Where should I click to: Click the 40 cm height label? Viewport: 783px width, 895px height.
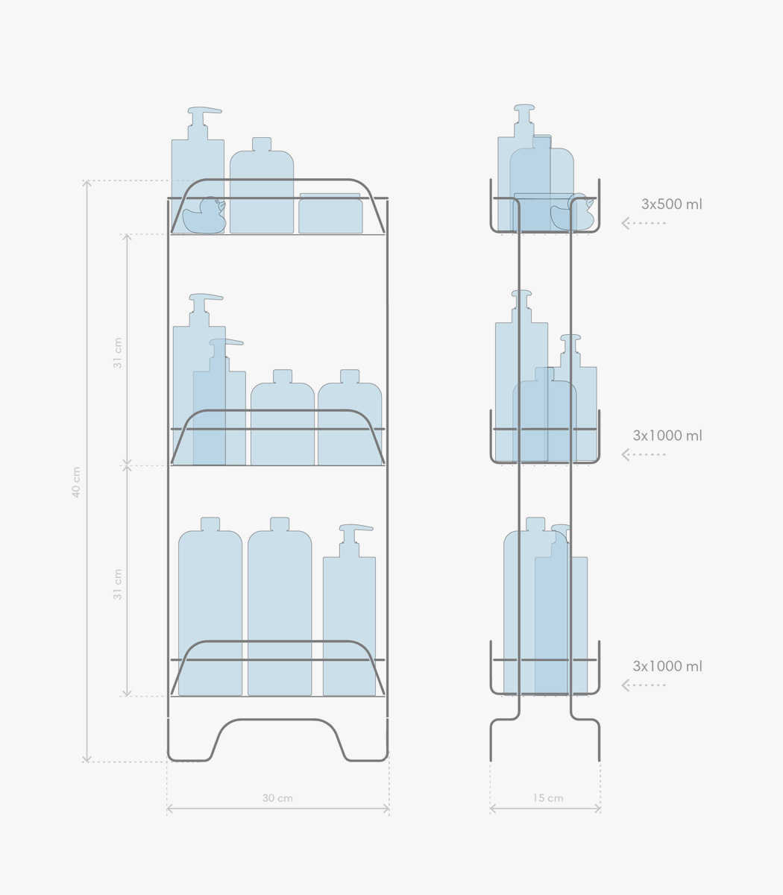pyautogui.click(x=76, y=482)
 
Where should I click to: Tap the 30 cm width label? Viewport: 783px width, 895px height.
pyautogui.click(x=277, y=798)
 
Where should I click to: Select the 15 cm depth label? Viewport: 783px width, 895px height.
pyautogui.click(x=547, y=798)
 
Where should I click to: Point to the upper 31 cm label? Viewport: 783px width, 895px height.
pyautogui.click(x=117, y=353)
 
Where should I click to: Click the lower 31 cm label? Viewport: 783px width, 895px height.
pyautogui.click(x=117, y=584)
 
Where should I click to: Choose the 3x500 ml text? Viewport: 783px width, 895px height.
pyautogui.click(x=671, y=204)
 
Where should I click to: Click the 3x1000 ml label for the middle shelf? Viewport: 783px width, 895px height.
pyautogui.click(x=667, y=436)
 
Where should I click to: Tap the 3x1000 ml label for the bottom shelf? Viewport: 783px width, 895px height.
pyautogui.click(x=667, y=666)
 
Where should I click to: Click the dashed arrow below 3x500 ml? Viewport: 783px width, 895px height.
pyautogui.click(x=644, y=223)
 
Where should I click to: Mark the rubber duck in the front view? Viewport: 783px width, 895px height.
pyautogui.click(x=204, y=216)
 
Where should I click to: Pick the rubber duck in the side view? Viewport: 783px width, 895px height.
pyautogui.click(x=572, y=213)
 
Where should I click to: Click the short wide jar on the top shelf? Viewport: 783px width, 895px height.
pyautogui.click(x=330, y=213)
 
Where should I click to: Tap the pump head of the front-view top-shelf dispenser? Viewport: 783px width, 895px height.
pyautogui.click(x=204, y=110)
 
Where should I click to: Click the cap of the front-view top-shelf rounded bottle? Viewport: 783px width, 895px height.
pyautogui.click(x=262, y=144)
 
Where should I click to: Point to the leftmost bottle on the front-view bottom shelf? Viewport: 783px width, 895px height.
pyautogui.click(x=210, y=606)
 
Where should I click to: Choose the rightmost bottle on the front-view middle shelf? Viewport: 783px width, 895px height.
pyautogui.click(x=350, y=418)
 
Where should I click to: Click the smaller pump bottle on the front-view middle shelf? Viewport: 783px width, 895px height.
pyautogui.click(x=219, y=402)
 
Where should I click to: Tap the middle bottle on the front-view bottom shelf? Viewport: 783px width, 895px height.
pyautogui.click(x=280, y=606)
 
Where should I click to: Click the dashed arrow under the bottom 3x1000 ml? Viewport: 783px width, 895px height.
pyautogui.click(x=644, y=685)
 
